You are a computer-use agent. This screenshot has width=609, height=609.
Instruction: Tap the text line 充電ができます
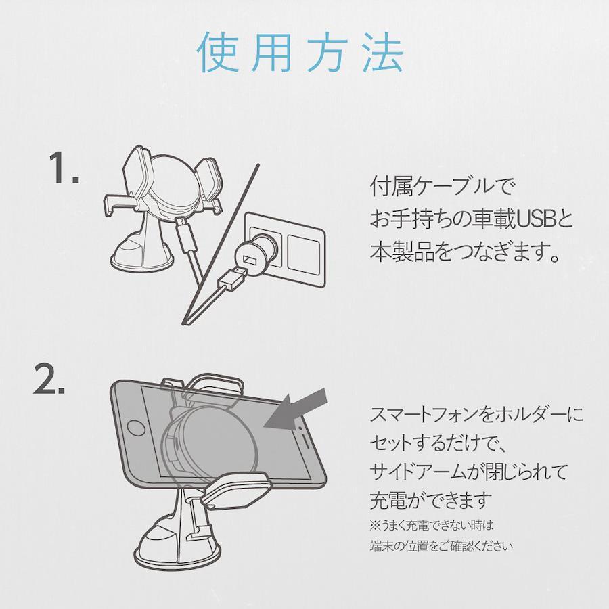[x=430, y=501]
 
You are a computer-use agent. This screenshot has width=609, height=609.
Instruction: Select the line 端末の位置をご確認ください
[x=441, y=545]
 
